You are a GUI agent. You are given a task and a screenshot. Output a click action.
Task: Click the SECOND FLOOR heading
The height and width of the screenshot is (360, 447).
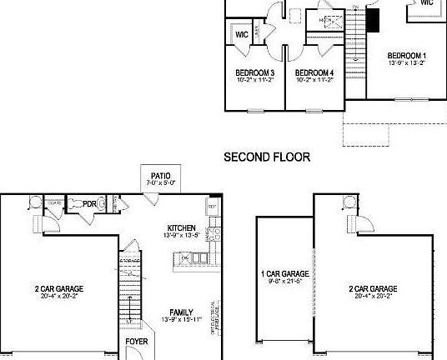point(267,156)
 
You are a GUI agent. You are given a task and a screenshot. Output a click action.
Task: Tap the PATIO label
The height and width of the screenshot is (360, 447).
point(161,175)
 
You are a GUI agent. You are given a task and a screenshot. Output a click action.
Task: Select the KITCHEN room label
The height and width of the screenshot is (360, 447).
point(181,227)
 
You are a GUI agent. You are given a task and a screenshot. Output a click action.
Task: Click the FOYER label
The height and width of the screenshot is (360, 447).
point(138,342)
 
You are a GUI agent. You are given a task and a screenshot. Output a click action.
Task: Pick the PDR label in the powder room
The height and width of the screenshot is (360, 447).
point(99,202)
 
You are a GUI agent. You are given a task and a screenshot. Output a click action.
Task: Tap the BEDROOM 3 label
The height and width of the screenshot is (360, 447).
point(256,72)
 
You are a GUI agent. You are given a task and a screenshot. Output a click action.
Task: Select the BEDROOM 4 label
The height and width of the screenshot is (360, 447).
point(315,72)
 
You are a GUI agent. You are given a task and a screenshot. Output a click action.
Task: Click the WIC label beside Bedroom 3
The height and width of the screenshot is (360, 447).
point(242,36)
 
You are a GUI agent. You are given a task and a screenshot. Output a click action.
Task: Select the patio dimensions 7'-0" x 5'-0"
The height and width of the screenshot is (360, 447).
point(161,182)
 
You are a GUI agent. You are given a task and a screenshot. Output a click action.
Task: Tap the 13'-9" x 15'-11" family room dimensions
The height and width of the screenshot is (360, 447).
point(181,320)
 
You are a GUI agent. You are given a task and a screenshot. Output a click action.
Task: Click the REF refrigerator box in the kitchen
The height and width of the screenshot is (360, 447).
point(211,206)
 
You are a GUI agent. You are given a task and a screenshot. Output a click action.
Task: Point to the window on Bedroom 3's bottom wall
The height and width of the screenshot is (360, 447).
point(256,109)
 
